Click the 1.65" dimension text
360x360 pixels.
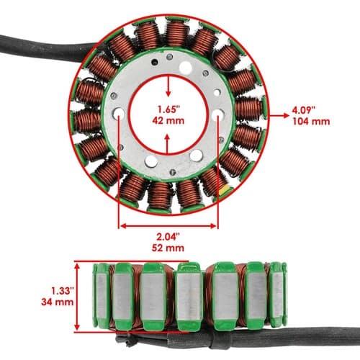pyautogui.click(x=168, y=109)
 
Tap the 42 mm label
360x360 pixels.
pyautogui.click(x=168, y=120)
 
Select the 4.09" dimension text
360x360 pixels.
pyautogui.click(x=303, y=111)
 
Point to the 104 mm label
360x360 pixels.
pyautogui.click(x=311, y=121)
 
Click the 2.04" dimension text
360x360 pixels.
pyautogui.click(x=168, y=238)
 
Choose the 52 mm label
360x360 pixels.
pyautogui.click(x=168, y=248)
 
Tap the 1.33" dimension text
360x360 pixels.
pyautogui.click(x=62, y=291)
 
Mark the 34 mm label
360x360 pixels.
pyautogui.click(x=58, y=302)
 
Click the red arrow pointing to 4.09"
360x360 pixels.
pyautogui.click(x=279, y=115)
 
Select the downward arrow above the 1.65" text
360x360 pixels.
pyautogui.click(x=168, y=86)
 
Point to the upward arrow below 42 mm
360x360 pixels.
pyautogui.click(x=167, y=144)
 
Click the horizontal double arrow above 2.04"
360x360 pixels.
pyautogui.click(x=168, y=226)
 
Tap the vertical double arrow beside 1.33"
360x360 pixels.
pyautogui.click(x=77, y=297)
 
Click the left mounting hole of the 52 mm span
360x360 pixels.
pyautogui.click(x=119, y=114)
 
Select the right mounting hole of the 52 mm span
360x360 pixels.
pyautogui.click(x=218, y=114)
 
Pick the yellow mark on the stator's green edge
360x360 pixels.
pyautogui.click(x=226, y=189)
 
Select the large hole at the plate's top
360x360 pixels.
pyautogui.click(x=186, y=68)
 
